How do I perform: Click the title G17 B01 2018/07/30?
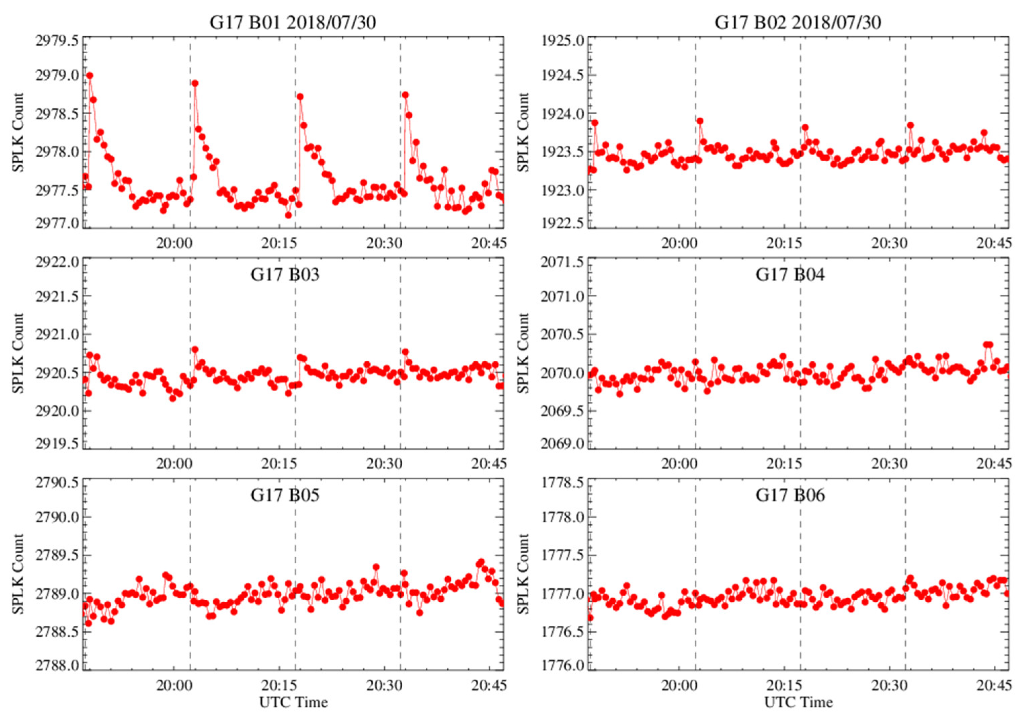pos(293,22)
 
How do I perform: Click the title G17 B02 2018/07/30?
pos(798,22)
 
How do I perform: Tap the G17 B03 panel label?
pos(285,274)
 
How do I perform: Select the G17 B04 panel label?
pos(790,274)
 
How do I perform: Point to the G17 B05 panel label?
pos(285,495)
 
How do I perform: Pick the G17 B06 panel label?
pos(790,495)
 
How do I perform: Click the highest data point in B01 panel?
pos(90,76)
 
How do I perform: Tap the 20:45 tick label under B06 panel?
pos(994,685)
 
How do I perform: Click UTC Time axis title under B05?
pos(293,702)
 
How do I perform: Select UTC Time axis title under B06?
pos(799,702)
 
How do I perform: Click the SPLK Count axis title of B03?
pos(18,353)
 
